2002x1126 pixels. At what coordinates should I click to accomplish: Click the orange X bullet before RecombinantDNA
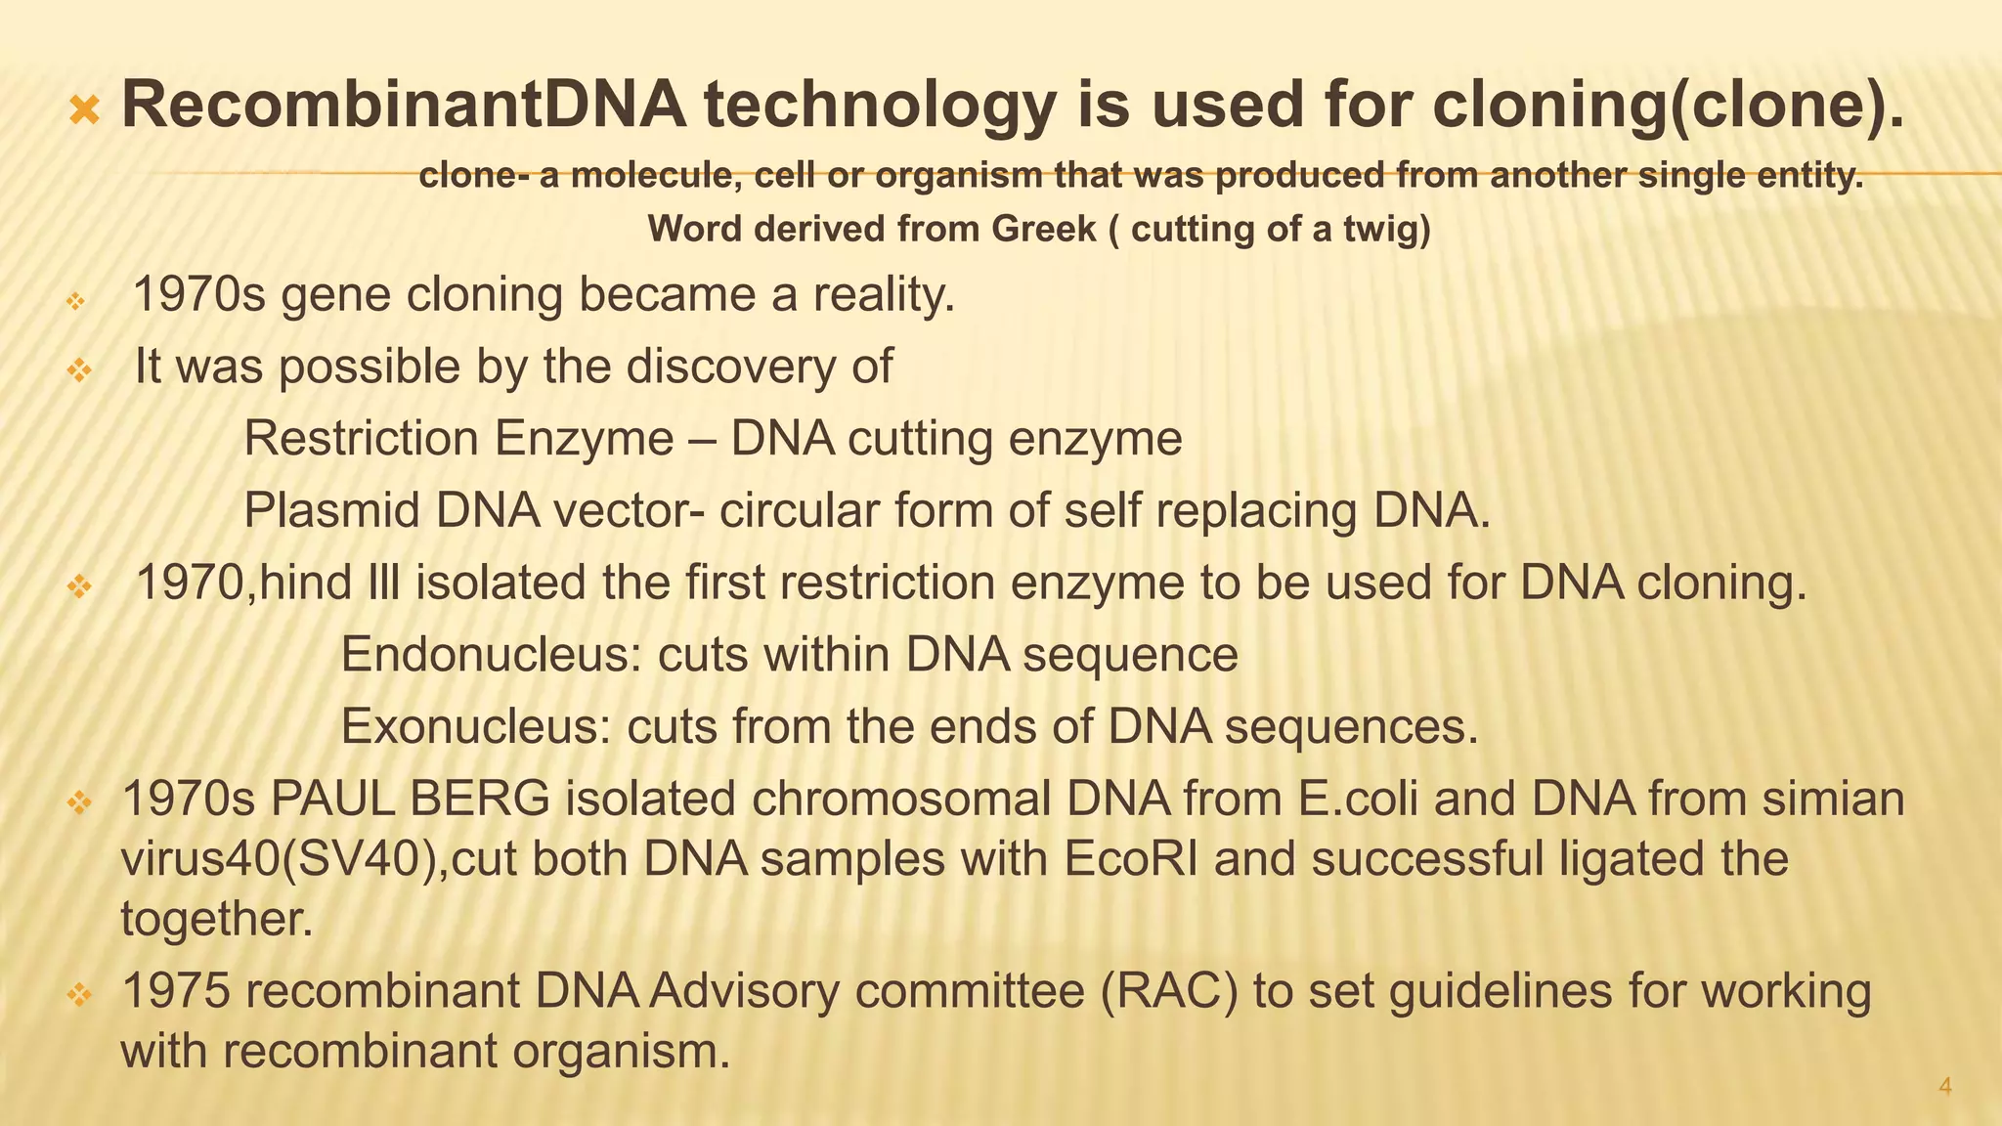pos(85,110)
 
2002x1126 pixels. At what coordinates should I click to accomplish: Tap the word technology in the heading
pos(880,106)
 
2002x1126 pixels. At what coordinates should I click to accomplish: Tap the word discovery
pos(732,367)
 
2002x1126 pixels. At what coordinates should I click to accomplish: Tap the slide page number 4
pos(1944,1087)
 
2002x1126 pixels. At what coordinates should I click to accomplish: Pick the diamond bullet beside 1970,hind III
pos(79,586)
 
